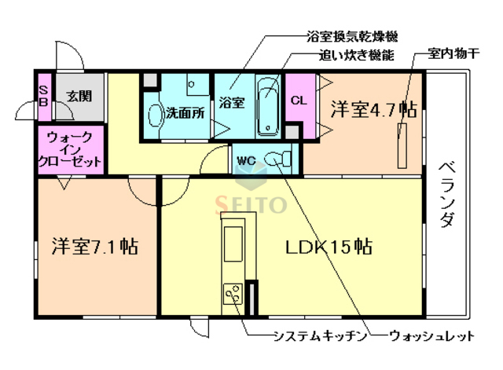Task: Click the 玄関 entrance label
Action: click(79, 97)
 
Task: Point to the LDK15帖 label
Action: click(328, 246)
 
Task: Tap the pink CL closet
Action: click(299, 100)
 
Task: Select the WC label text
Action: click(247, 161)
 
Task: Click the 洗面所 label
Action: click(185, 112)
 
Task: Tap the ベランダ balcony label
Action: click(446, 193)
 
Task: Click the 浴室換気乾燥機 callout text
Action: click(353, 37)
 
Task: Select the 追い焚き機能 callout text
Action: click(356, 56)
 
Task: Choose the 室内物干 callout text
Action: click(456, 56)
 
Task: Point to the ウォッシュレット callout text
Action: click(433, 337)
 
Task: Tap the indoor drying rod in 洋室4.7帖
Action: click(403, 145)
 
